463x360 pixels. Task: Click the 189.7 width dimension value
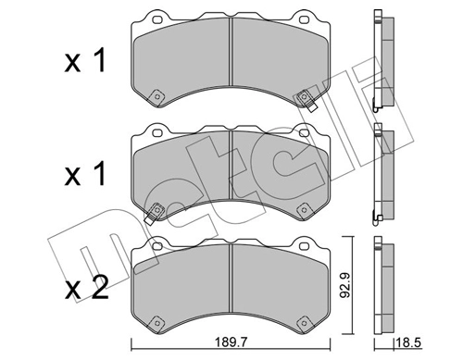pyautogui.click(x=231, y=341)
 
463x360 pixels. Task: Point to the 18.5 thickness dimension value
pyautogui.click(x=408, y=341)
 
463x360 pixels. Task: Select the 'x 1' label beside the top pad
pyautogui.click(x=85, y=60)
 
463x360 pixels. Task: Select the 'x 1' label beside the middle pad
pyautogui.click(x=85, y=173)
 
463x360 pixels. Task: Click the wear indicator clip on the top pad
pyautogui.click(x=307, y=101)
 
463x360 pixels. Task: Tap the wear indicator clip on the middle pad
pyautogui.click(x=154, y=213)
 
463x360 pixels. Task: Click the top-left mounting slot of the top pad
pyautogui.click(x=157, y=19)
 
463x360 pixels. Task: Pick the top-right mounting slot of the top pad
pyautogui.click(x=304, y=19)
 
